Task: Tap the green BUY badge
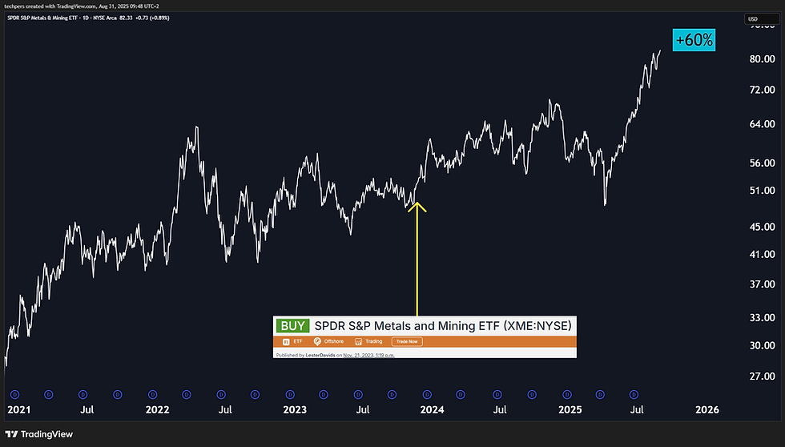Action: coord(292,326)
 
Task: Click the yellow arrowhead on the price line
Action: coord(417,206)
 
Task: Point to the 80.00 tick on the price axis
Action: coord(762,58)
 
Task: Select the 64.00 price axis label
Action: coord(762,124)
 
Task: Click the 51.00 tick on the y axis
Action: coord(762,191)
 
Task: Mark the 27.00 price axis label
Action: coord(762,376)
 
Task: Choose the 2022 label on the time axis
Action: coord(157,409)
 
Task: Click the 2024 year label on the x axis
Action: coord(433,409)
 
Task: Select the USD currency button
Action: coord(753,18)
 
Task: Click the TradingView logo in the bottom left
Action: coord(40,433)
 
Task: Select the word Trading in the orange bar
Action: coord(374,341)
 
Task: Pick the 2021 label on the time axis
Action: coord(18,409)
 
